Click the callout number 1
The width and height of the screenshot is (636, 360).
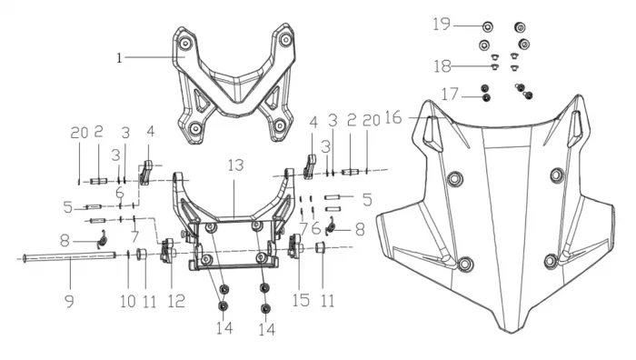tap(119, 58)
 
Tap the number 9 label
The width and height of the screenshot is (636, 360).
tap(70, 301)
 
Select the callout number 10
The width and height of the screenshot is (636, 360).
tap(128, 301)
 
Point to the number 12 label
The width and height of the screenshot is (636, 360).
tap(176, 301)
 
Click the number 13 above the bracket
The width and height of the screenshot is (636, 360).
tap(235, 165)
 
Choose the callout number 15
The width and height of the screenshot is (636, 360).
tap(301, 300)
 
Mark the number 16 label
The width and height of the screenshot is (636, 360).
tap(393, 117)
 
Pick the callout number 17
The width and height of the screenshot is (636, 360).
tap(450, 95)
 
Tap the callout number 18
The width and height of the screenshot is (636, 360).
tap(442, 66)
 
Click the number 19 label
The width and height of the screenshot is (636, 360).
tap(442, 24)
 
